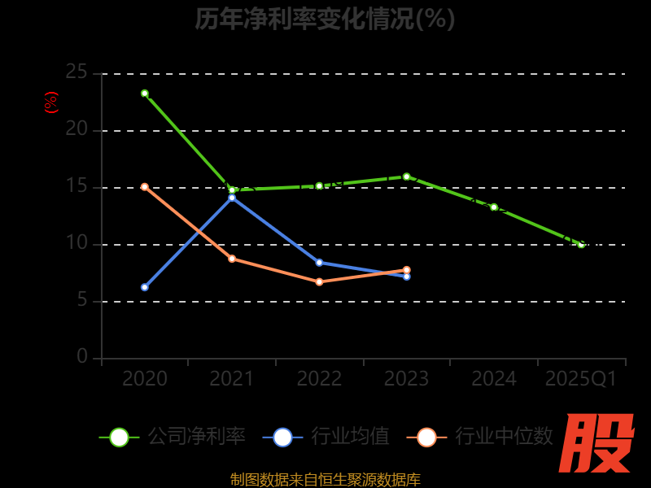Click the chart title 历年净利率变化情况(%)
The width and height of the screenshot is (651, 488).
[325, 19]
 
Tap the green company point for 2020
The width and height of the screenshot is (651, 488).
[145, 94]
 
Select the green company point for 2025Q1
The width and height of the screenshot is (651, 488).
[581, 244]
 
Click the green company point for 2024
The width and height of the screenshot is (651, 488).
[494, 207]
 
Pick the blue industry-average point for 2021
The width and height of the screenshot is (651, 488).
[232, 198]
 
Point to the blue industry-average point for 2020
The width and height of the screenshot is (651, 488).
[145, 287]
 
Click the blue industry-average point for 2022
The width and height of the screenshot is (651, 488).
[319, 263]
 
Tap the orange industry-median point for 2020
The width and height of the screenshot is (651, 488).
[145, 187]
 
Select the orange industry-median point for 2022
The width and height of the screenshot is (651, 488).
[319, 282]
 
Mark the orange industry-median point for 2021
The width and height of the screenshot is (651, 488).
[232, 259]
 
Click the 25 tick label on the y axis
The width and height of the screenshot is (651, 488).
[76, 72]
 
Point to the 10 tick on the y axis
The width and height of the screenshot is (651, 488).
[76, 243]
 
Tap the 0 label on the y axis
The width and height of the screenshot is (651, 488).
[82, 357]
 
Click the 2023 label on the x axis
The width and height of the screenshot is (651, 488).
[406, 379]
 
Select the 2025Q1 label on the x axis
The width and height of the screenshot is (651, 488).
[581, 379]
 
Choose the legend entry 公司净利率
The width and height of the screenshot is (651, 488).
[173, 437]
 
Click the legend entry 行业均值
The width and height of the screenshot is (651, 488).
[327, 437]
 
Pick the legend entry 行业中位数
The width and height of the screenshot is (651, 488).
[485, 437]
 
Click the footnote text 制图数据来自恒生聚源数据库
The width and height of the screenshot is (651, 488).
[325, 480]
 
